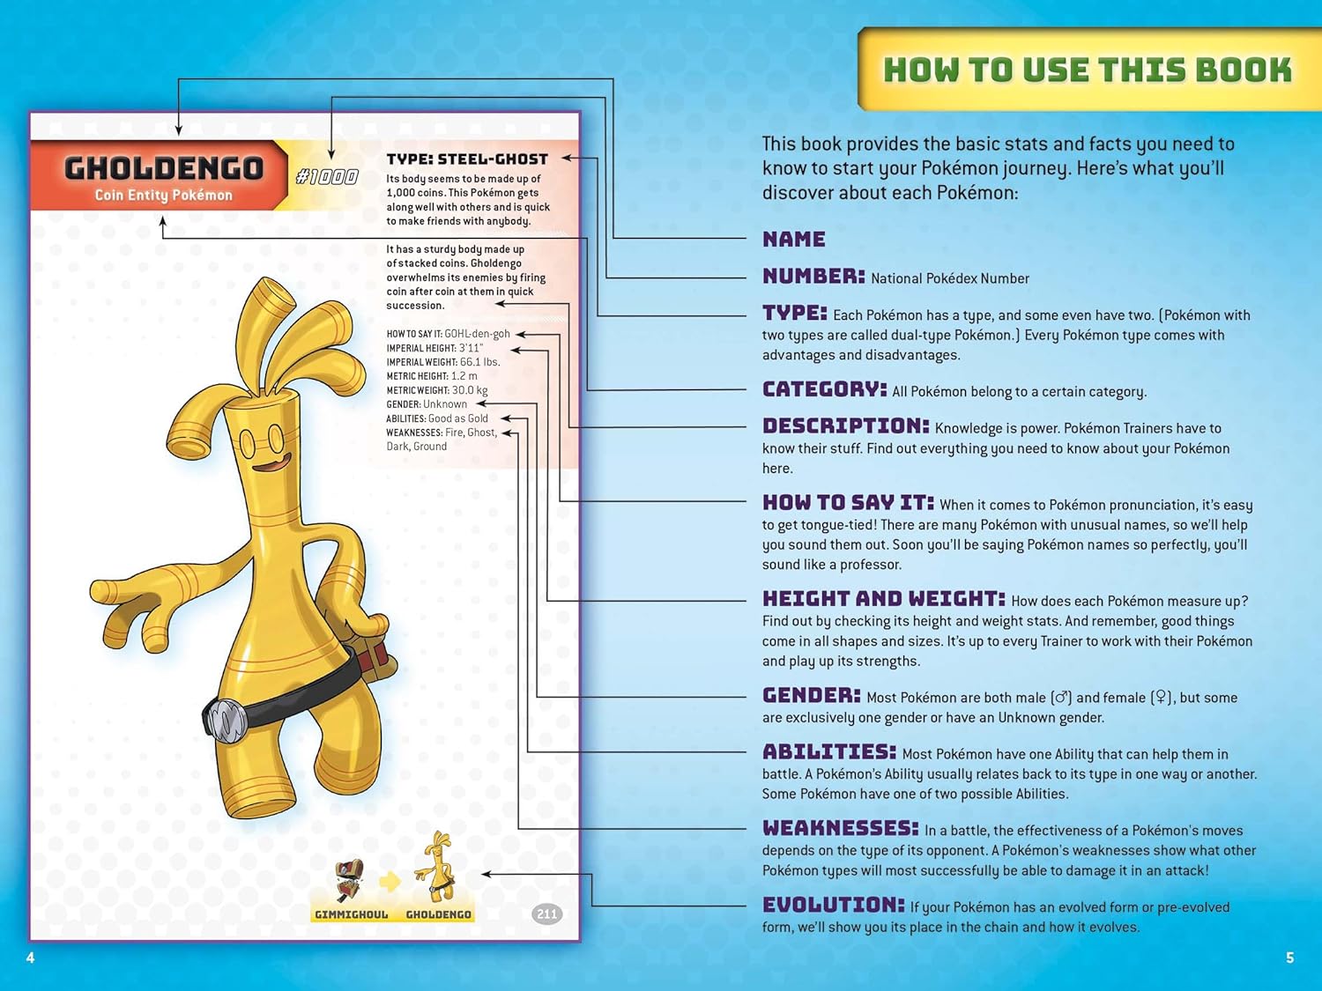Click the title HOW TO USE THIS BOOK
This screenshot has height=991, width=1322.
point(1088,70)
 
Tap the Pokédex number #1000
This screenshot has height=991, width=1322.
point(327,176)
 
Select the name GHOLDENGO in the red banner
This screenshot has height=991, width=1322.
point(164,167)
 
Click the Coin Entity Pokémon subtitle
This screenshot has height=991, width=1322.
point(164,196)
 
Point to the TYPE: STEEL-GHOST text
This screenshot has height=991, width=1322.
point(467,159)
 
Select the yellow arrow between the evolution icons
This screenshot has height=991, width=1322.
point(390,881)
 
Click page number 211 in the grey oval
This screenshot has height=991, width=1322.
point(546,913)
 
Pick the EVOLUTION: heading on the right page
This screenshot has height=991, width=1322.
point(833,905)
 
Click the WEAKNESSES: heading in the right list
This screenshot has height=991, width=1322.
point(840,828)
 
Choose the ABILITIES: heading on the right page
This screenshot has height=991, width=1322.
point(828,751)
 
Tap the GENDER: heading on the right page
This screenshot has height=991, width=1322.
point(811,695)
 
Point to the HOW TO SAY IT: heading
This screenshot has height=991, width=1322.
point(847,502)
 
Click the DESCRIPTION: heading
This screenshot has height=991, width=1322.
point(845,425)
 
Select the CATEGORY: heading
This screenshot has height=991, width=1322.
point(824,389)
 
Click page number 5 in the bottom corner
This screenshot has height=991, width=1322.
point(1289,958)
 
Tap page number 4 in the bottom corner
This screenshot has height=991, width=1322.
point(31,958)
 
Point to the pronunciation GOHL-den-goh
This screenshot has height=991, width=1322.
point(477,334)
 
